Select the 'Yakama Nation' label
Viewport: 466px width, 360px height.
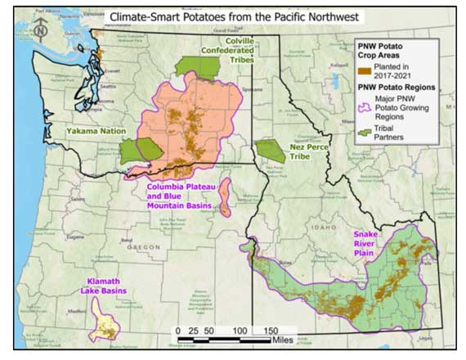[93, 129]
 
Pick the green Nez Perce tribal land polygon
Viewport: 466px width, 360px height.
[270, 151]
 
